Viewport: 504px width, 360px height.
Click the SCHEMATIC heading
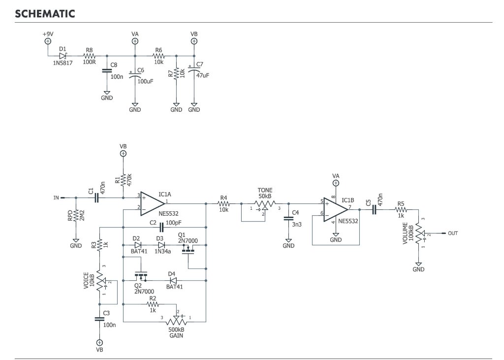point(45,13)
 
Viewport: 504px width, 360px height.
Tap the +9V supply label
point(48,33)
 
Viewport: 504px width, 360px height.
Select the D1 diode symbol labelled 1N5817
point(63,56)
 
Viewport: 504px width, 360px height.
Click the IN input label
point(56,198)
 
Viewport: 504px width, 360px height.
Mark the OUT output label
point(453,233)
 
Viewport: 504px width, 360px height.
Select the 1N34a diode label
point(163,252)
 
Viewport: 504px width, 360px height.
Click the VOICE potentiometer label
point(86,281)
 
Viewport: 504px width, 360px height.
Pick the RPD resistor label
point(70,215)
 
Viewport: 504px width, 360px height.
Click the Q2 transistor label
point(139,285)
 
